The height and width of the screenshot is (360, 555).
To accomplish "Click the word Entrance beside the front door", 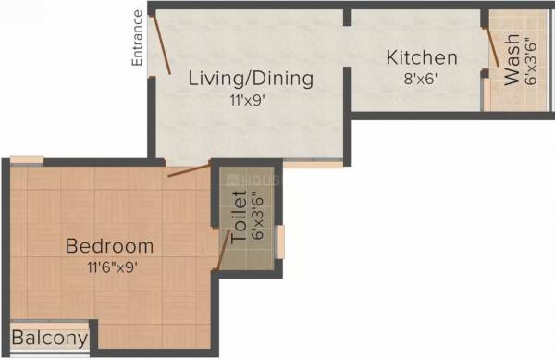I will (x=137, y=38).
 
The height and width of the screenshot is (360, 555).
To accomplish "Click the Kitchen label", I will (x=422, y=57).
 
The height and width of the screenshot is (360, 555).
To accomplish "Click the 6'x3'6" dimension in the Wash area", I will (x=530, y=64).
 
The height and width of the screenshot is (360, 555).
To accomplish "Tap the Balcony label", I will (x=50, y=339).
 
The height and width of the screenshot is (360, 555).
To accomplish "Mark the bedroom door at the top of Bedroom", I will (x=189, y=170).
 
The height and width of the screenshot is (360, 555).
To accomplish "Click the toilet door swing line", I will (x=222, y=250).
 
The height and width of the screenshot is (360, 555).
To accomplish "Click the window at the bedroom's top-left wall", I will (x=28, y=161).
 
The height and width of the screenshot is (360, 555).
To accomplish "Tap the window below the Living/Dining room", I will (x=313, y=164).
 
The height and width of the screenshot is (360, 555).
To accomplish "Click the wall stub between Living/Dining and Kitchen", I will (x=348, y=17).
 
